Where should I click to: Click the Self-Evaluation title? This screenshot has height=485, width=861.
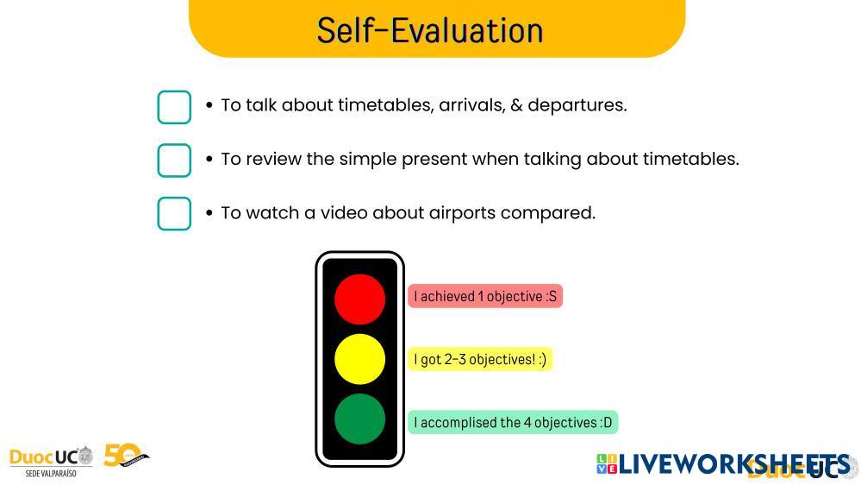(x=430, y=30)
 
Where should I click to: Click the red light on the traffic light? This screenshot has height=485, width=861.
(x=359, y=299)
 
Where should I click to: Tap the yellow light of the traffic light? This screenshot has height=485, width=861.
(x=359, y=359)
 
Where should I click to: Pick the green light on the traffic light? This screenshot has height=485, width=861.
(x=359, y=419)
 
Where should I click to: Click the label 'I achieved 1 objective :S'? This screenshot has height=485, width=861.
(x=485, y=296)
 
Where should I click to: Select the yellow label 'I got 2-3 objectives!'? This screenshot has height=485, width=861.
(x=480, y=360)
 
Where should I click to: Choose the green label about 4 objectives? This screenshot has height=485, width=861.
(x=513, y=422)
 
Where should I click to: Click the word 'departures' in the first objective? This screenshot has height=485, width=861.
(x=577, y=105)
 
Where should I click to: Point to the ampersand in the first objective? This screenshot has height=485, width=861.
(x=516, y=105)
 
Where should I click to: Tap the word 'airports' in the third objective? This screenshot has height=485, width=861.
(x=462, y=213)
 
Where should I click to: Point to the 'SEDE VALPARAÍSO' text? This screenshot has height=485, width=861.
(x=51, y=473)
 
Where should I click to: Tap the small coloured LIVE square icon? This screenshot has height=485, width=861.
(x=607, y=464)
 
